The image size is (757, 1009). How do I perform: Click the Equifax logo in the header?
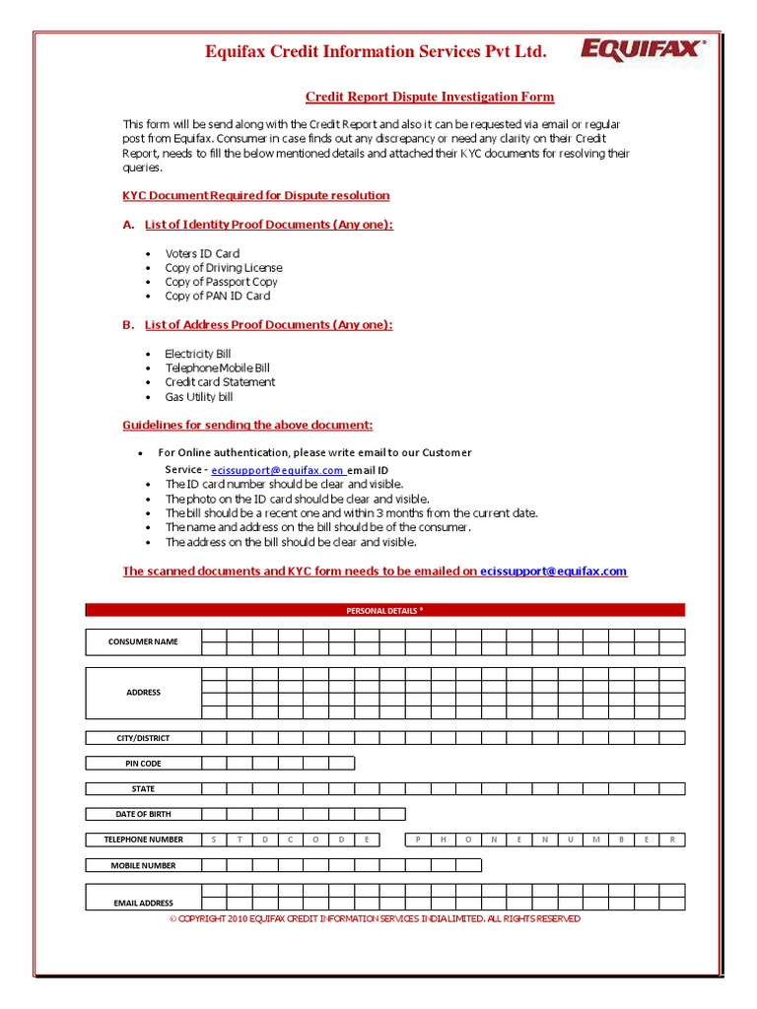642,50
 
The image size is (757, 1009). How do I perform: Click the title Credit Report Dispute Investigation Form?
430,97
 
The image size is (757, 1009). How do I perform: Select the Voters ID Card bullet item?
202,253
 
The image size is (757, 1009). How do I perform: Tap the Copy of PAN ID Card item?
217,296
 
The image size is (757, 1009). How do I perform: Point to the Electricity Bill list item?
198,354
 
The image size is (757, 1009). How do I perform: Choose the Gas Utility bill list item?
199,397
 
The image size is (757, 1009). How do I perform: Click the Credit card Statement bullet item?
220,382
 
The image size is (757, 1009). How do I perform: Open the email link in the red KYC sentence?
553,572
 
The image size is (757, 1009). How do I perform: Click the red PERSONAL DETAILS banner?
384,611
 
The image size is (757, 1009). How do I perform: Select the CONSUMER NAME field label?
143,641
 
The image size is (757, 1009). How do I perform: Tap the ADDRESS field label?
143,693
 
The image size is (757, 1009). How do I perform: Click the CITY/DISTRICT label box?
143,738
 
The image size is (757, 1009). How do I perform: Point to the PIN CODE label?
143,764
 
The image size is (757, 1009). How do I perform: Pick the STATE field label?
143,789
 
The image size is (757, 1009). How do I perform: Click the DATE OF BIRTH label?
143,814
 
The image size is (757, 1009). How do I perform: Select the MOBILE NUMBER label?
143,865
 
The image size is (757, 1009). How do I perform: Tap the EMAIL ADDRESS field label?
143,903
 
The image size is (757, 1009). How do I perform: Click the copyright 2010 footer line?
375,919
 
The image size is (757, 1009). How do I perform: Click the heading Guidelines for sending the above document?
247,426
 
